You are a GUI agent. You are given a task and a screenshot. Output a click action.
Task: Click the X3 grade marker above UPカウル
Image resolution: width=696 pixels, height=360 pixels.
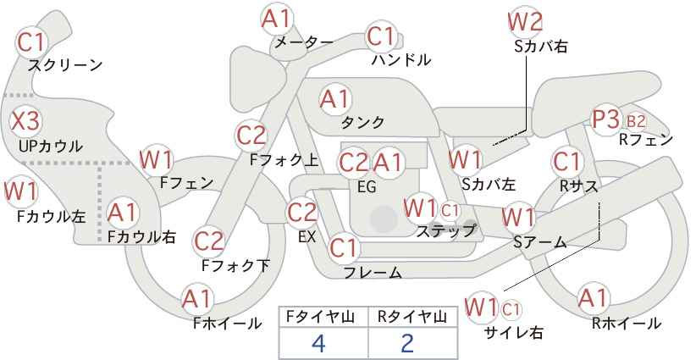[x=25, y=121]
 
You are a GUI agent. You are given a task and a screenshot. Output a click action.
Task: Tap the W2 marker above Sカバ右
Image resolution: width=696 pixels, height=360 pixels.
[x=525, y=22]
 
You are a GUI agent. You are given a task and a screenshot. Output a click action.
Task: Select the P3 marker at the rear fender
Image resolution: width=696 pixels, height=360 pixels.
[x=606, y=119]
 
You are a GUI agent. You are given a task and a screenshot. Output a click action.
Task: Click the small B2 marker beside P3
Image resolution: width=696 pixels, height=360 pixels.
[x=636, y=121]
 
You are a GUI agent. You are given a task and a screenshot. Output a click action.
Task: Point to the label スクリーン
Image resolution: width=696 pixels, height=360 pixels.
[x=65, y=65]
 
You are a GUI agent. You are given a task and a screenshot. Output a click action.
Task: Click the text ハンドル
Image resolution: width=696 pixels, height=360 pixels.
[x=401, y=59]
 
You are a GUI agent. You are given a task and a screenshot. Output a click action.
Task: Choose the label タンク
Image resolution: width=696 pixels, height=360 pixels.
[x=362, y=122]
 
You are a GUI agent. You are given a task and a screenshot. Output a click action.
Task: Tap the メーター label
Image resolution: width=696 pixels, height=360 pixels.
[x=304, y=42]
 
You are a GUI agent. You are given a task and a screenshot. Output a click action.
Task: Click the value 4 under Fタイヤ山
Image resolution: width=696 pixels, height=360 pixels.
[x=319, y=343]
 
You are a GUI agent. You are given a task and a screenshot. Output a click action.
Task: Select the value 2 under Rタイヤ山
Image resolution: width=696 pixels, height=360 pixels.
[x=407, y=343]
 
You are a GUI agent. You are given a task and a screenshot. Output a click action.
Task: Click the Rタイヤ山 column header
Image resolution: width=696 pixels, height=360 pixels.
[x=412, y=317]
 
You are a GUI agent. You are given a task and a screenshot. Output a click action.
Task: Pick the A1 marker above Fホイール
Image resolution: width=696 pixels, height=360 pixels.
[x=197, y=300]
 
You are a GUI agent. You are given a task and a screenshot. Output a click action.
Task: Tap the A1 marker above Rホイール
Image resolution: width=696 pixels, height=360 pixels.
[x=593, y=298]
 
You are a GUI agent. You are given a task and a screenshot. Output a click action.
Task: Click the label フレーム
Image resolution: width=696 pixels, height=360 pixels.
[x=373, y=272]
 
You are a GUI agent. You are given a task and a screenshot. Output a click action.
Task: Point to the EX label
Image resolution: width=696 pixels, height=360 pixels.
[x=307, y=237]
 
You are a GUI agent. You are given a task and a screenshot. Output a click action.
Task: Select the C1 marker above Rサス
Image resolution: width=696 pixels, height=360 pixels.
[x=566, y=162]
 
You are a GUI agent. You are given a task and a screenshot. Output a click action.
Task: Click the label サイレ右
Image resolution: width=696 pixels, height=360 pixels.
[x=514, y=332]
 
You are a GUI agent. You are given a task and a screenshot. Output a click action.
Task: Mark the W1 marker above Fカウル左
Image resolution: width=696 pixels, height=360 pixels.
[x=20, y=191]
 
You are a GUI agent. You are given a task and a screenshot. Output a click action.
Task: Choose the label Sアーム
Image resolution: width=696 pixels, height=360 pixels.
[x=539, y=242]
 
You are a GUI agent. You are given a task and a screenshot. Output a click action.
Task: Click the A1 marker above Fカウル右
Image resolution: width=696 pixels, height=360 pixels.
[x=123, y=213]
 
